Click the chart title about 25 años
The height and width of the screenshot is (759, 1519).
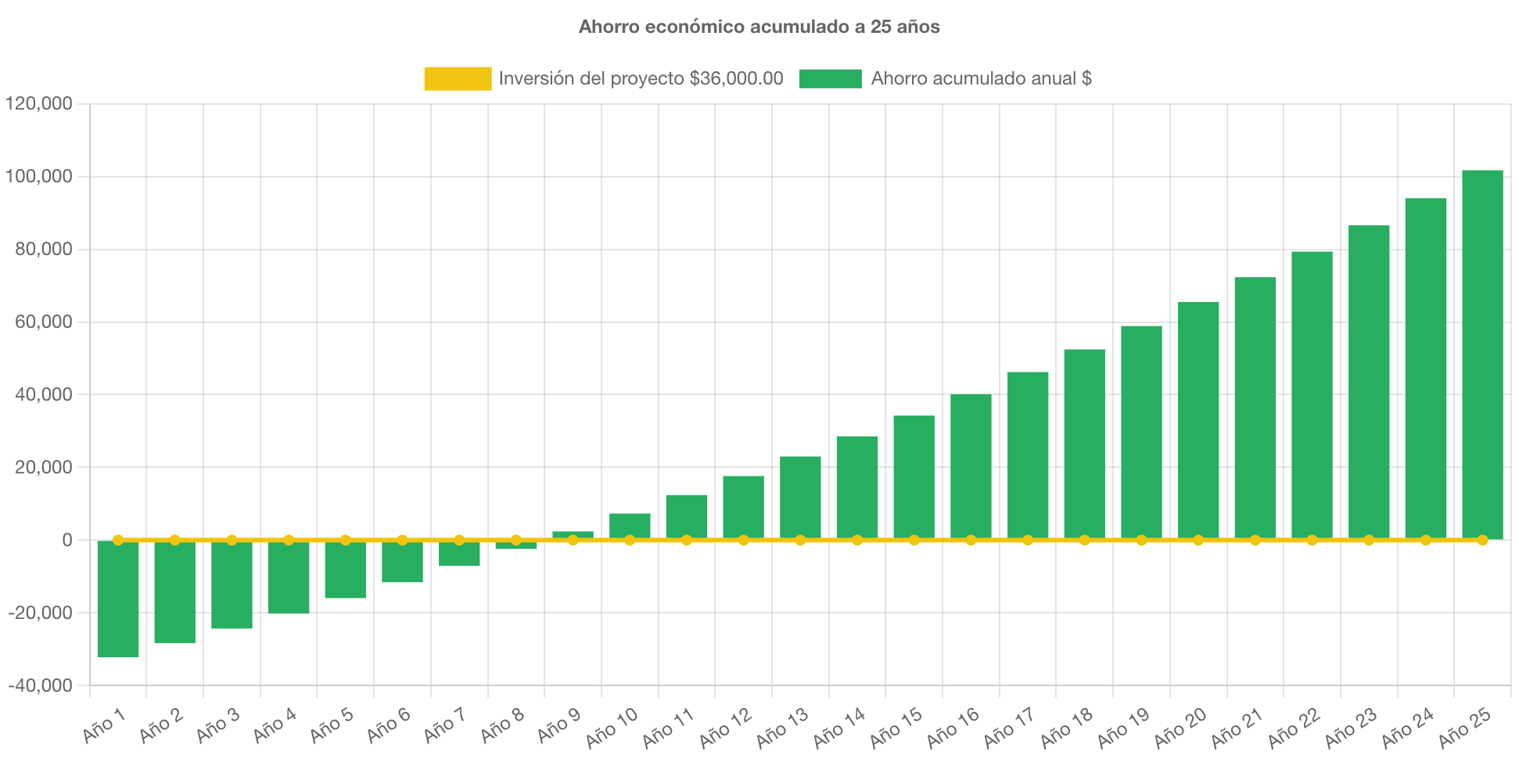(759, 27)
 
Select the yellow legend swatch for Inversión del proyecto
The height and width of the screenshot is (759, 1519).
(458, 78)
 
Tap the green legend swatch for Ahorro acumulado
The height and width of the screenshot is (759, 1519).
(830, 78)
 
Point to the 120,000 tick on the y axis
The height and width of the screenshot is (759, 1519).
(38, 103)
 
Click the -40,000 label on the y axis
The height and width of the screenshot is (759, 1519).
(40, 685)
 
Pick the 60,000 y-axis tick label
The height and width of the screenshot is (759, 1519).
(43, 322)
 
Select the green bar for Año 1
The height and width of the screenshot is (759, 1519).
(118, 599)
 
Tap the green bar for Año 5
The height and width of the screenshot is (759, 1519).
(346, 570)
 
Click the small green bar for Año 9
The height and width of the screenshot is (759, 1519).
(573, 534)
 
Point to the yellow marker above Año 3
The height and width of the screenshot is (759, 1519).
(232, 540)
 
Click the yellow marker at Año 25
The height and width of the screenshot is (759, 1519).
(1482, 540)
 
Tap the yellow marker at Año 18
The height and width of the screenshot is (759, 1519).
(1084, 540)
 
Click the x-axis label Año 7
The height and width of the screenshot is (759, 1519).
(445, 725)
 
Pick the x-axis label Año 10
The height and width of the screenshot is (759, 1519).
(612, 728)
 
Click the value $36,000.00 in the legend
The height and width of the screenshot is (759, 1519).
(736, 78)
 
